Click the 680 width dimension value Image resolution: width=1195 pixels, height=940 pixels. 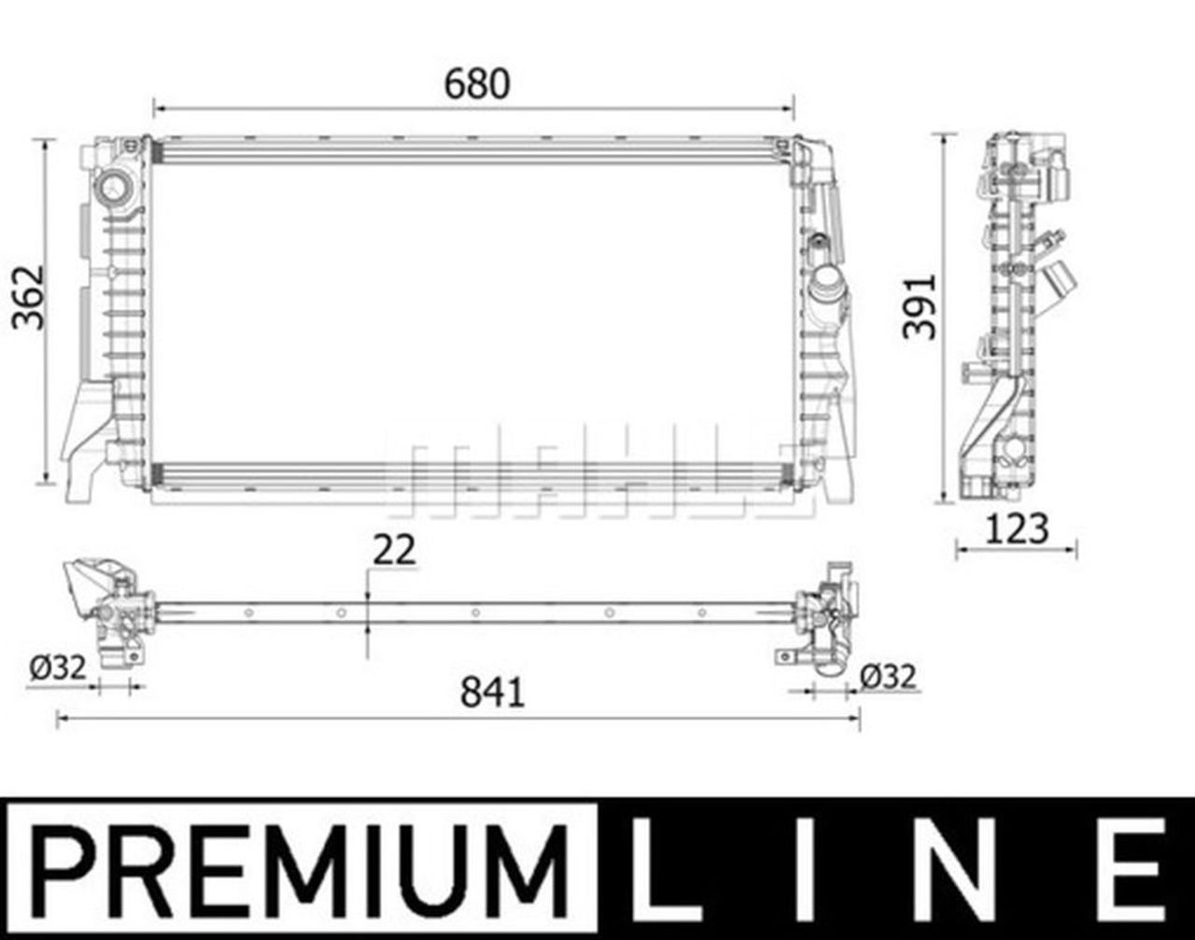477,84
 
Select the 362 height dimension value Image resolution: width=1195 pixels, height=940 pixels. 28,298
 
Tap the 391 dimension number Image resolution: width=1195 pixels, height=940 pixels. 921,306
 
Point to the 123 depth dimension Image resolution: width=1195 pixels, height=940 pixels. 1016,529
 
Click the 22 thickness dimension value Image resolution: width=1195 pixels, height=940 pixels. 394,550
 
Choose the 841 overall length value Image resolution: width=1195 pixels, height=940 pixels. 492,693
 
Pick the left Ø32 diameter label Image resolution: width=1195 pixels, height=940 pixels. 57,667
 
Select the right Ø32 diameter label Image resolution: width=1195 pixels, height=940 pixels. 888,676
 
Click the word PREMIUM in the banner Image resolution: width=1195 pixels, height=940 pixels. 301,868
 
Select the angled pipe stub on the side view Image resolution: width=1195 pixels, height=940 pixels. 1061,281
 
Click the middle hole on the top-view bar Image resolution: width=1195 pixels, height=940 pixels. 475,612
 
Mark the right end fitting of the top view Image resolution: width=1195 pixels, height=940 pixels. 826,615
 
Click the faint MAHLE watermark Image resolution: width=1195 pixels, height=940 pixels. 597,476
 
